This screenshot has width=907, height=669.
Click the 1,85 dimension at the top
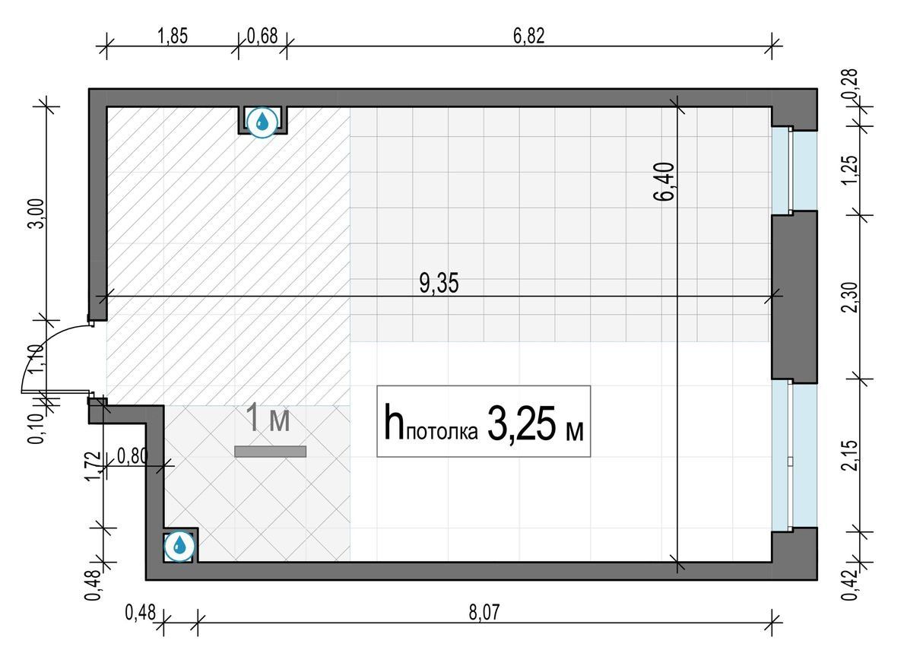coord(173,36)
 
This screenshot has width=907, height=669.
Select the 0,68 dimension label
coord(262,36)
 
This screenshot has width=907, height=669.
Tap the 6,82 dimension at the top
coord(528,36)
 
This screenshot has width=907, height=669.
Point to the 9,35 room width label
coord(439,284)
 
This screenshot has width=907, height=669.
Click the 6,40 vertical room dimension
coord(664,182)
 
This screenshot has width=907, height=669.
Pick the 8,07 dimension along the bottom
coord(484,612)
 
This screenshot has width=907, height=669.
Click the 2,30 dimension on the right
coord(849,297)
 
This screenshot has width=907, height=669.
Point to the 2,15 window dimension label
coord(849,455)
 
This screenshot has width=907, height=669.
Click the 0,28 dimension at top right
coord(849,84)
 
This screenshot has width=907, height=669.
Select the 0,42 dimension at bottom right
coord(849,585)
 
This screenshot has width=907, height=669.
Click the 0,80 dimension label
coord(132,456)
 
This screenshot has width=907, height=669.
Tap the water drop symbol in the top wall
coord(262,122)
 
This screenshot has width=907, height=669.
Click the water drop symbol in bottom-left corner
coord(180,546)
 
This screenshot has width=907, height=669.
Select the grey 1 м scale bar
coord(270,452)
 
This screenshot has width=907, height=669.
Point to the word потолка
coord(442,432)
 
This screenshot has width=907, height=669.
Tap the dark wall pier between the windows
coord(794,297)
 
